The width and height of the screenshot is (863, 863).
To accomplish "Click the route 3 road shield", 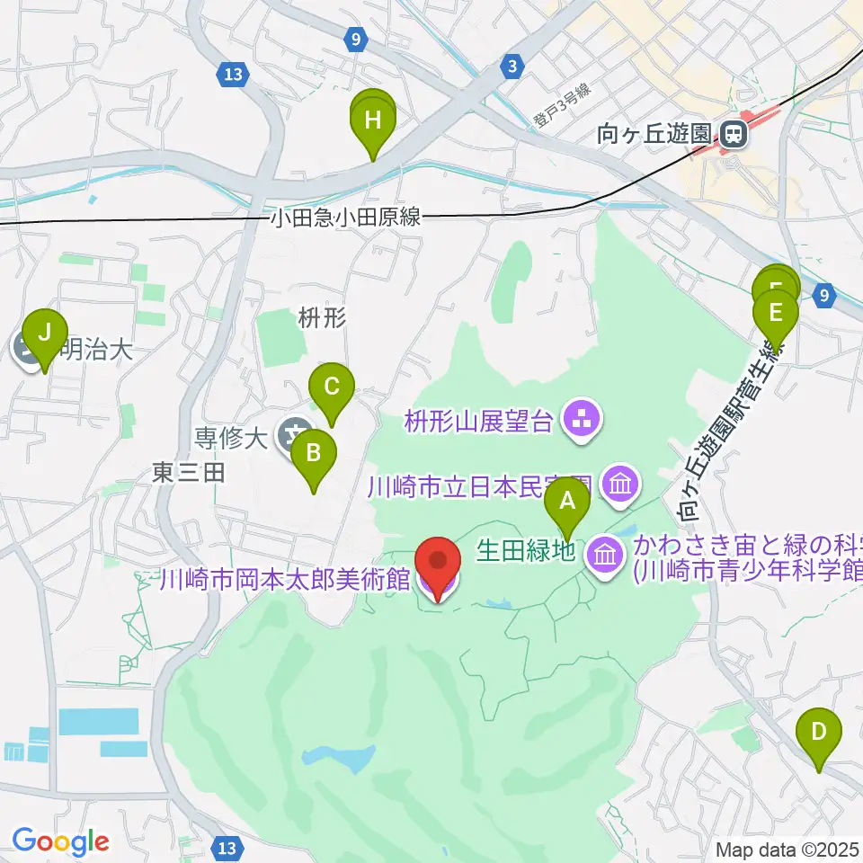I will tap(512, 66).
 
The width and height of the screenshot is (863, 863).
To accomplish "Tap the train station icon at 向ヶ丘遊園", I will tap(733, 136).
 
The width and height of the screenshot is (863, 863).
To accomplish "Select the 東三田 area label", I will tap(188, 472).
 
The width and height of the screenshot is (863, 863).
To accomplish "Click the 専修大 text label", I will tap(231, 439).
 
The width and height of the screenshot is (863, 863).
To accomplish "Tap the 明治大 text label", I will tap(94, 350).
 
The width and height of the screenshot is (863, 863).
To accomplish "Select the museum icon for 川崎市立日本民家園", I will tap(620, 485).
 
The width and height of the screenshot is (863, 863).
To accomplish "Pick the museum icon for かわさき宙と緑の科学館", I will tap(605, 553).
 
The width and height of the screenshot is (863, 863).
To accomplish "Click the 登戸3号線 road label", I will tap(559, 104).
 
